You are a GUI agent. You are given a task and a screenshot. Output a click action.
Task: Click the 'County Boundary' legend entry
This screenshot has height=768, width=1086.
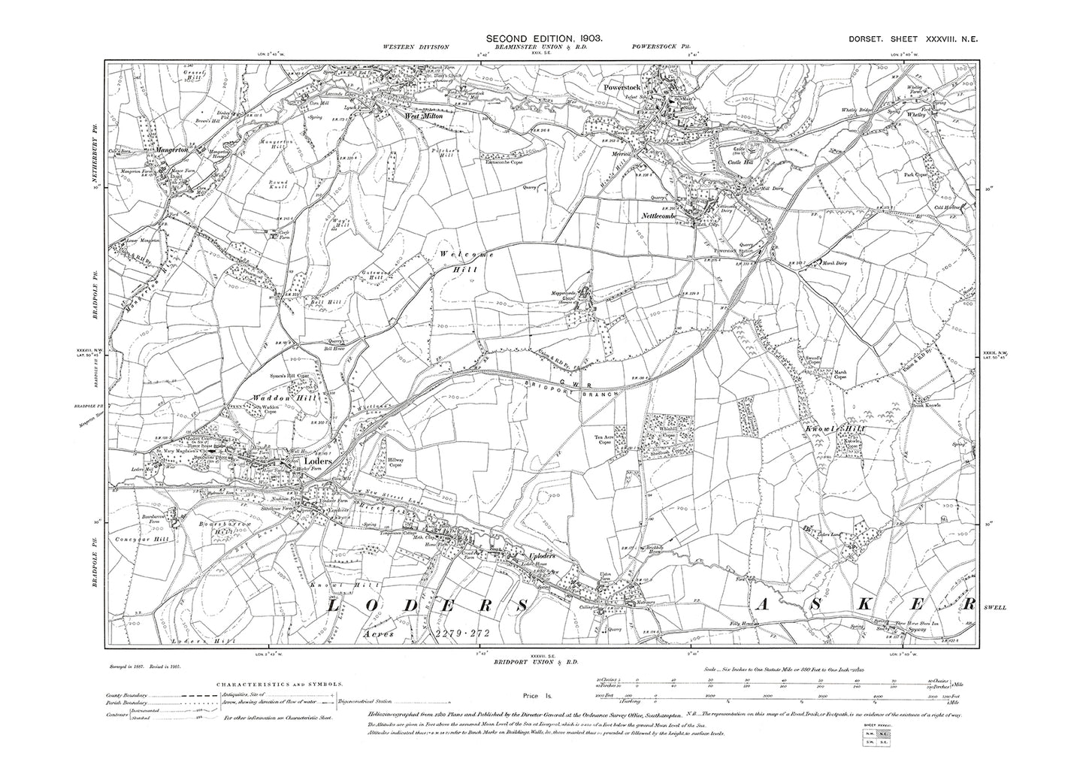point(127,695)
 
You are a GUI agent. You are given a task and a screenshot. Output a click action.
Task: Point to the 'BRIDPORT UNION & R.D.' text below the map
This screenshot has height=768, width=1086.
point(534,661)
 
